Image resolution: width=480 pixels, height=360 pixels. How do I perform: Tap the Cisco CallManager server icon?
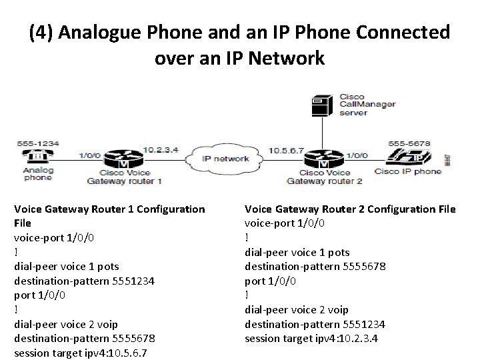point(323,105)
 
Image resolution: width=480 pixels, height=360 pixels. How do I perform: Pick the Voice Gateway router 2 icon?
point(323,161)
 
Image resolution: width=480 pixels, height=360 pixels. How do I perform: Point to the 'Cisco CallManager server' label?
point(367,104)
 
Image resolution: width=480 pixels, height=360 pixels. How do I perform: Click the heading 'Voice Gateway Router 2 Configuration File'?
point(350,209)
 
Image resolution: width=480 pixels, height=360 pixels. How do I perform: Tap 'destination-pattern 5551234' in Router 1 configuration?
point(85,281)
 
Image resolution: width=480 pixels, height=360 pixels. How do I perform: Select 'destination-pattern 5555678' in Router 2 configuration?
point(315,267)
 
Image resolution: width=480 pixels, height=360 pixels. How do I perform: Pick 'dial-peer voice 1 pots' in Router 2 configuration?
point(297,253)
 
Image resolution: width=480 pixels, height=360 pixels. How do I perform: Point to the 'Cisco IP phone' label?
point(407,171)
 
